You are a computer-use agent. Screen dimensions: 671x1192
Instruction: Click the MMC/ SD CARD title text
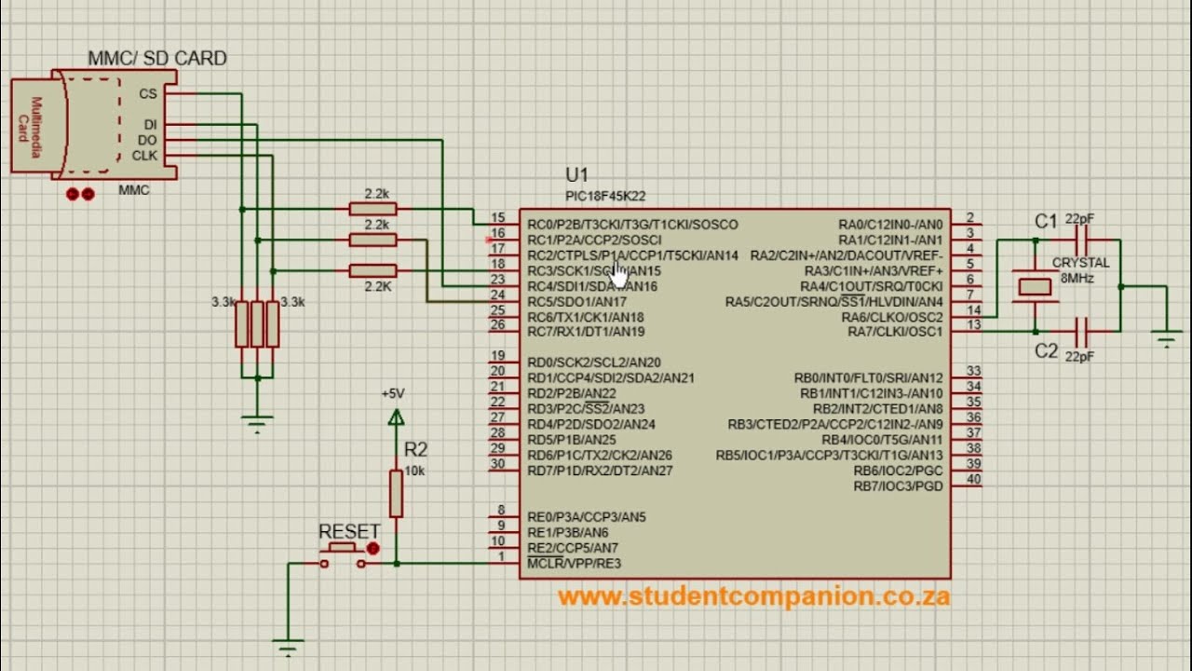tap(156, 58)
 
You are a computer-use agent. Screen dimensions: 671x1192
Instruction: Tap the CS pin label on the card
tap(147, 93)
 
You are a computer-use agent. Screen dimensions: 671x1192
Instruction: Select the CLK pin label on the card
tap(144, 156)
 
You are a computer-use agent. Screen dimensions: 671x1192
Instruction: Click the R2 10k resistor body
tap(396, 493)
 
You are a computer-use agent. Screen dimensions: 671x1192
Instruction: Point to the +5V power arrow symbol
tap(396, 417)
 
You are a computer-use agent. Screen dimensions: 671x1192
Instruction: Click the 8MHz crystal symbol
tap(1035, 286)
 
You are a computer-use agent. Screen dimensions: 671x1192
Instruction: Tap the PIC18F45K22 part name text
tap(605, 196)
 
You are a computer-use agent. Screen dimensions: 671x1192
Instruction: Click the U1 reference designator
tap(576, 175)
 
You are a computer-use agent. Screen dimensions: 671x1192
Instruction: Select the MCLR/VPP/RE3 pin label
tap(574, 563)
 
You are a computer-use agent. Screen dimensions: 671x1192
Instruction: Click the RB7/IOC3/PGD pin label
tap(898, 486)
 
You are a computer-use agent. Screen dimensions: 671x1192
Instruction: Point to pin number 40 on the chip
tap(973, 480)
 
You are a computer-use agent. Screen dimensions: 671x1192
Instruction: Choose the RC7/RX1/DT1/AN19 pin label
tap(586, 332)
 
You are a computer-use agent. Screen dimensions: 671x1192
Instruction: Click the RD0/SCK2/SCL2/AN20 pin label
tap(593, 363)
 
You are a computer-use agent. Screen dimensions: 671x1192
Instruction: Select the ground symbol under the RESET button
tap(288, 645)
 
